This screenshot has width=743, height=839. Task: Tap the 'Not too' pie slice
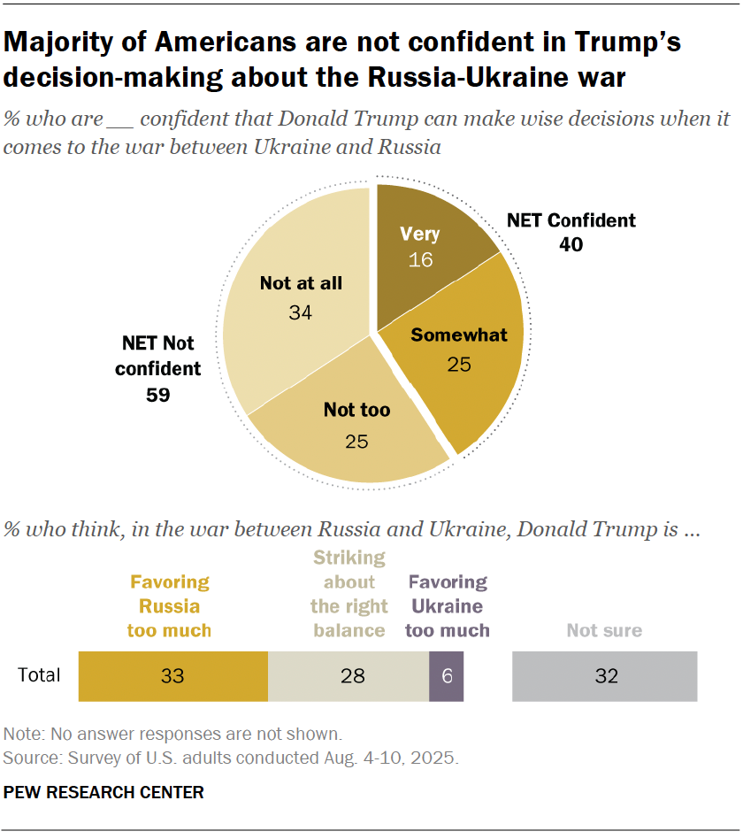coord(354,434)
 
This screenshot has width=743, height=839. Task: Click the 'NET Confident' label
coord(571,220)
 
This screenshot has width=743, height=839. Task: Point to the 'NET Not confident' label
coord(158,355)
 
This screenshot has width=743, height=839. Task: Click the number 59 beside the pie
coord(158,395)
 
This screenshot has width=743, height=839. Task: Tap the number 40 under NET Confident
coord(571,244)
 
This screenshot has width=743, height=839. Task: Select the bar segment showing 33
coord(172,676)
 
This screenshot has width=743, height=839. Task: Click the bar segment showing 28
coord(348,676)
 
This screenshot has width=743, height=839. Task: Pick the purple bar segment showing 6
coord(447,676)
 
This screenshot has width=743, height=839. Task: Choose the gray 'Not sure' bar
coord(604,676)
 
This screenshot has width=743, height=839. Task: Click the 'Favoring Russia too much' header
coord(170,606)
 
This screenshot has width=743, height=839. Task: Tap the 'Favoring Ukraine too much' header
coord(447,606)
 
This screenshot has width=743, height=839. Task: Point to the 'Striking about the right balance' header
coord(348,594)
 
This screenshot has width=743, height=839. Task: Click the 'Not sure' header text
coord(604,631)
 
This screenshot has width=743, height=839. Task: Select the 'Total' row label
coord(40,676)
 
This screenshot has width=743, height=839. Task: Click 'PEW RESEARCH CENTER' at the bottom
coord(103,792)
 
